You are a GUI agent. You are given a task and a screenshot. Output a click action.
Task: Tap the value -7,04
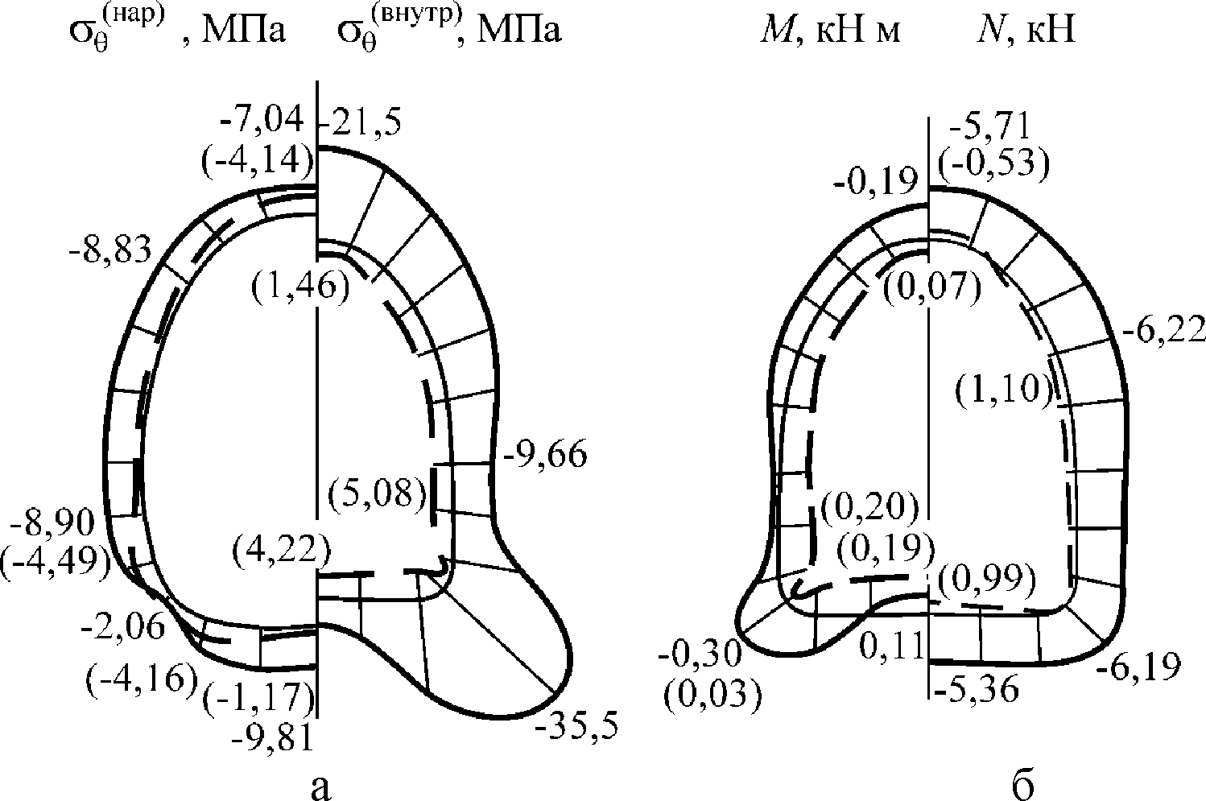point(262,119)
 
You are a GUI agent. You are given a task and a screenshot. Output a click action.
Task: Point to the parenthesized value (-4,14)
point(258,160)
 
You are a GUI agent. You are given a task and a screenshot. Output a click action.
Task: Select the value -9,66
point(545,456)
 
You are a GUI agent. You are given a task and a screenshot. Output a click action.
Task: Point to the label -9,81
point(272,737)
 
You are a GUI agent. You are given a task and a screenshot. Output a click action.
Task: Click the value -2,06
point(122,627)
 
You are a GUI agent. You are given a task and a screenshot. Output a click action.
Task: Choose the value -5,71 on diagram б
point(989,126)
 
